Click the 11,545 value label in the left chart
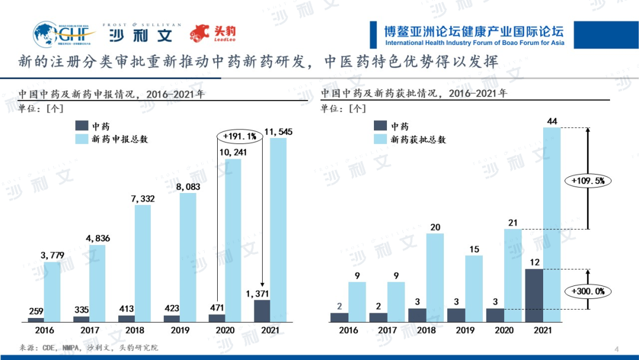(x=278, y=131)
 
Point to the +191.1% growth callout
(x=240, y=136)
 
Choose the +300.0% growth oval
(x=588, y=291)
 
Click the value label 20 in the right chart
(x=435, y=227)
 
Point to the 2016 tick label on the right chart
(x=348, y=330)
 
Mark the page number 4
(x=617, y=348)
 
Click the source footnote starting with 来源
(x=89, y=348)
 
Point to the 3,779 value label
(x=53, y=255)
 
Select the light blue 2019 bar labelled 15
(x=474, y=288)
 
